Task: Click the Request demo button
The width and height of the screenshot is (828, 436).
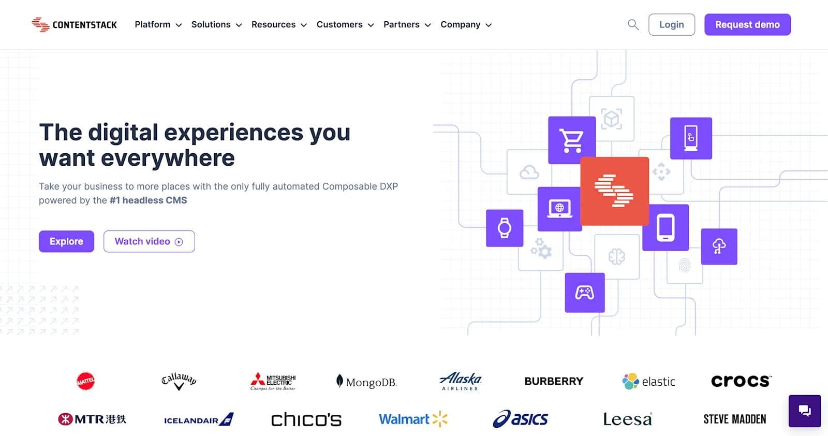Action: (747, 24)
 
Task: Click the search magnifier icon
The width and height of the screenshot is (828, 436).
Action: (633, 24)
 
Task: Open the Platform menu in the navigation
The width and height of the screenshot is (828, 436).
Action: (158, 24)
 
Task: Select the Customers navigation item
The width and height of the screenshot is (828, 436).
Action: (345, 24)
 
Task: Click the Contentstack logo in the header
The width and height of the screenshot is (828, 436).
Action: (74, 24)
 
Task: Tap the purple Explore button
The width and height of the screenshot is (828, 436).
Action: (66, 241)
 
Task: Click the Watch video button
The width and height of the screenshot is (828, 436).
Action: (149, 241)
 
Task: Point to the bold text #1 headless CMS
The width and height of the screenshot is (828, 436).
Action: (148, 200)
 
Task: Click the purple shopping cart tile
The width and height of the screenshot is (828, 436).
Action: (571, 140)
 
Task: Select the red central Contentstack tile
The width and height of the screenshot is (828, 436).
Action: (614, 191)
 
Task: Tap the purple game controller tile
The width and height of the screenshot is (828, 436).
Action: (584, 293)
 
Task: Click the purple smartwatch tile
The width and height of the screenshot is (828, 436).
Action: (505, 228)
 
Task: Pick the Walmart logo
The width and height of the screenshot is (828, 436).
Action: (413, 419)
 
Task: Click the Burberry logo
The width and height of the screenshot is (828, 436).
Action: (554, 381)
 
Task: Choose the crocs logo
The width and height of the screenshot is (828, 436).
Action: (741, 381)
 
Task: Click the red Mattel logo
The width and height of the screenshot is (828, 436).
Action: (85, 381)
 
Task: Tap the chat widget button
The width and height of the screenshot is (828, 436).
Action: (804, 411)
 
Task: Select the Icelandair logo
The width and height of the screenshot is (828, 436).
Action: (198, 419)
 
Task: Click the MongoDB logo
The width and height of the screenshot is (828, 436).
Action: (366, 382)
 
